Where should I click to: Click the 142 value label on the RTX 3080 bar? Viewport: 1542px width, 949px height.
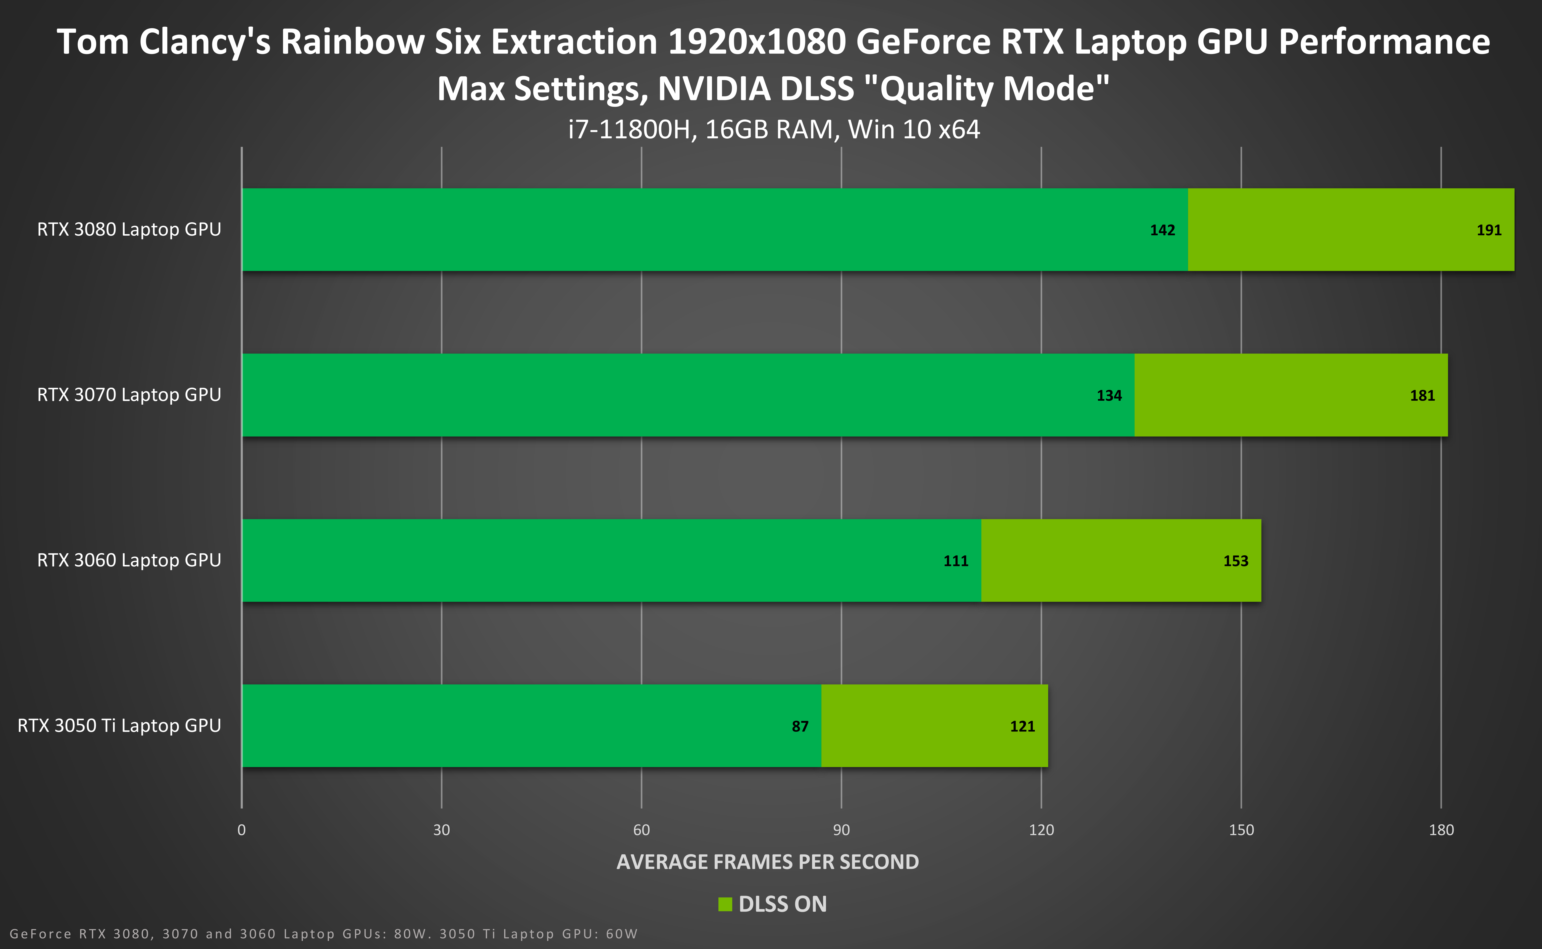coord(1162,230)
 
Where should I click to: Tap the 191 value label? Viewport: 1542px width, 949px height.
coord(1489,230)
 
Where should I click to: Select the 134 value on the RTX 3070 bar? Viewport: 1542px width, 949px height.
coord(1109,395)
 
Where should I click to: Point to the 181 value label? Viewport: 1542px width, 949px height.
coord(1422,395)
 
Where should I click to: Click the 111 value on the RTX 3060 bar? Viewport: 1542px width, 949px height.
coord(956,561)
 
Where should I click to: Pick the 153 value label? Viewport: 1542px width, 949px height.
coord(1236,561)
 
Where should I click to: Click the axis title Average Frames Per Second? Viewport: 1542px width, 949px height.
coord(768,862)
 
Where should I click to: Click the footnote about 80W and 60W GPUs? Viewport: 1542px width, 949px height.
coord(323,934)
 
